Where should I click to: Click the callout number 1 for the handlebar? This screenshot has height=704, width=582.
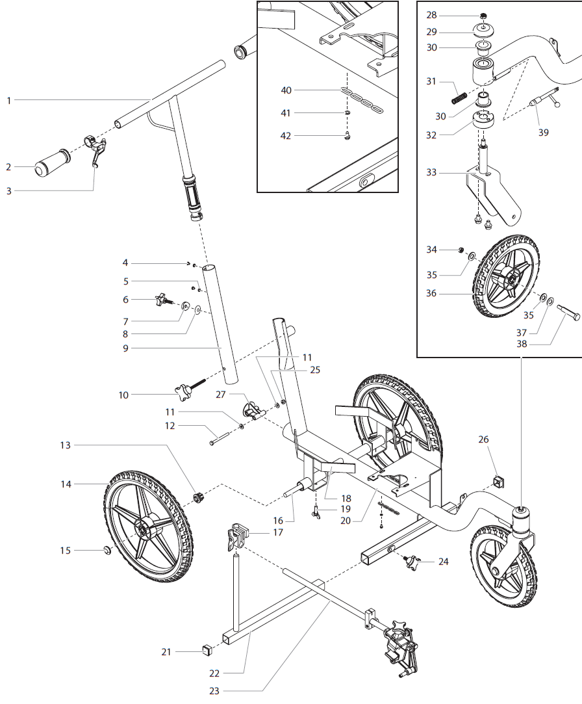click(x=8, y=100)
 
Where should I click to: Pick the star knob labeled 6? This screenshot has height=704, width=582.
click(x=161, y=300)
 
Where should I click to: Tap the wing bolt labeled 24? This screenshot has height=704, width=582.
click(x=413, y=562)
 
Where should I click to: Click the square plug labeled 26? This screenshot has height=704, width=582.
click(x=500, y=482)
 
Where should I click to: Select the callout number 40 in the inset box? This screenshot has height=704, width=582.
click(x=286, y=90)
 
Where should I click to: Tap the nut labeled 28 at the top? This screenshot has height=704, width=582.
click(x=483, y=16)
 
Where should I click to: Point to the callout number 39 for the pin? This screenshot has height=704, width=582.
click(x=544, y=132)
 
